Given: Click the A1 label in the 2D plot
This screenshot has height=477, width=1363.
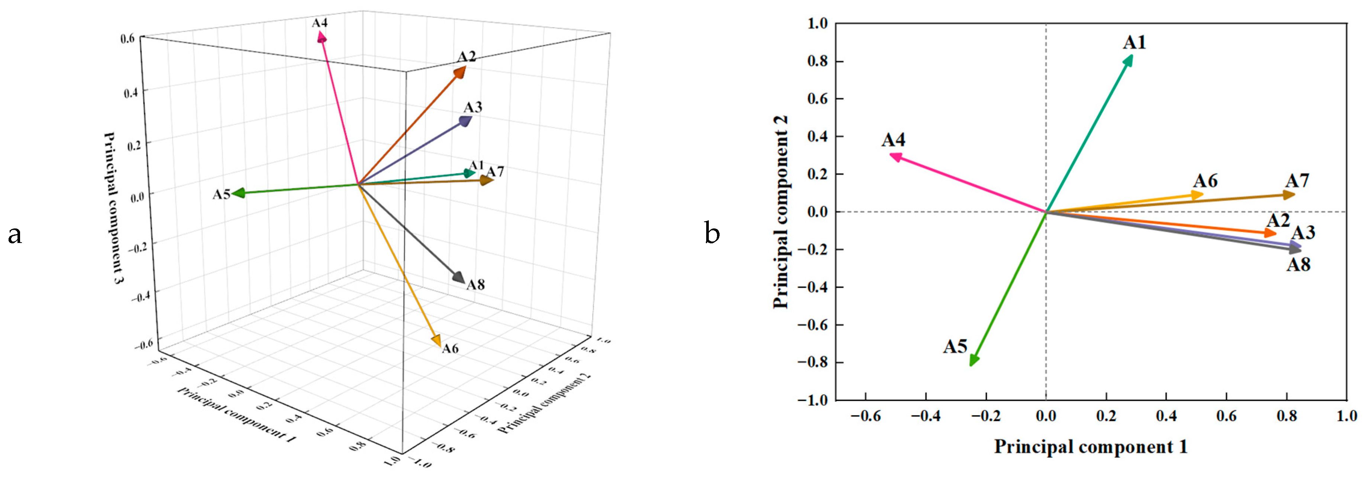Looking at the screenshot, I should click(x=1134, y=43).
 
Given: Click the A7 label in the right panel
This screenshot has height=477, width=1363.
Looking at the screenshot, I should click(x=1297, y=182).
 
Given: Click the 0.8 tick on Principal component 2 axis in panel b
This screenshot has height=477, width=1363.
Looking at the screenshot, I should click(x=817, y=61).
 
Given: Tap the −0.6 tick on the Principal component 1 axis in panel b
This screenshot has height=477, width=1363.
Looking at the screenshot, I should click(x=866, y=416).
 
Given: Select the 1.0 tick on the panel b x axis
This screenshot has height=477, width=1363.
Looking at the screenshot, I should click(x=1347, y=416).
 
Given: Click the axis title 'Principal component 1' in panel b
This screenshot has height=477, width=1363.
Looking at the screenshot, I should click(x=1091, y=446).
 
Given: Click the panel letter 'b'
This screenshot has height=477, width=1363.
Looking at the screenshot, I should click(x=712, y=233).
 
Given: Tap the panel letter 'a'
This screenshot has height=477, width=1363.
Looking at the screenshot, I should click(x=15, y=234).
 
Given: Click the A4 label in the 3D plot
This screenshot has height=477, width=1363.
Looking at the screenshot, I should click(x=320, y=23).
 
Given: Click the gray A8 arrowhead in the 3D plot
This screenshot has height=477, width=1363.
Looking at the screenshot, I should click(x=458, y=278).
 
